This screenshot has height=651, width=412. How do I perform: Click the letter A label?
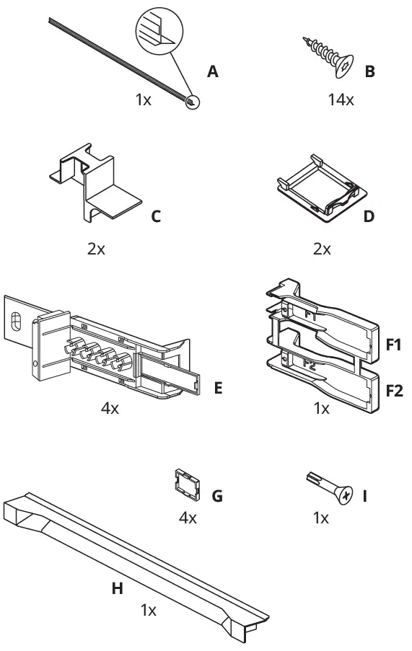[212, 71]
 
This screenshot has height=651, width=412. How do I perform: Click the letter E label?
[218, 389]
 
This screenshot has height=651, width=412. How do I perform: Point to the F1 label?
[393, 345]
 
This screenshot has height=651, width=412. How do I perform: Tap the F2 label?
[393, 391]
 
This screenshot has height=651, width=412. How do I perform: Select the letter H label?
[117, 589]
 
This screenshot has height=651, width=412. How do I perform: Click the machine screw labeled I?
[332, 489]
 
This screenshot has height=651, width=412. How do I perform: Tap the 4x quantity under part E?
[110, 409]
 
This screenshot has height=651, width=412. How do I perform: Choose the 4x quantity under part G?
[188, 518]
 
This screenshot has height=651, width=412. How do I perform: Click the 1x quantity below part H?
[148, 611]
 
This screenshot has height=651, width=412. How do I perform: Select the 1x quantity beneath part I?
[321, 518]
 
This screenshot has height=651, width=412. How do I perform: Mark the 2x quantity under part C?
[96, 249]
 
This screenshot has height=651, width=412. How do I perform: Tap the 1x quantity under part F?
[321, 409]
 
